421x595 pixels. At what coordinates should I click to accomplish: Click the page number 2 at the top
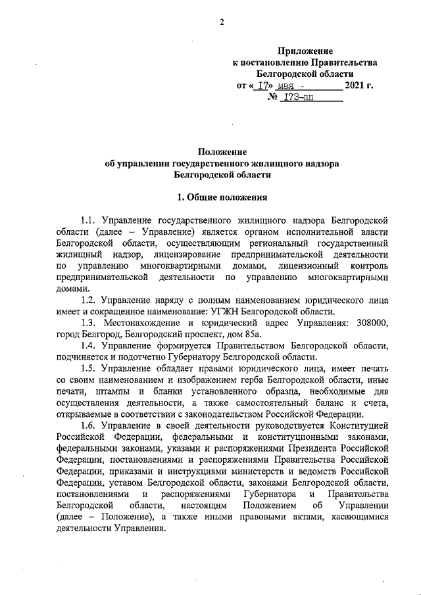[x=222, y=22]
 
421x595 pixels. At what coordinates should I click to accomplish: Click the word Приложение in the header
[x=305, y=51]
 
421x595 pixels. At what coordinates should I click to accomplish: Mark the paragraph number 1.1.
[x=87, y=218]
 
